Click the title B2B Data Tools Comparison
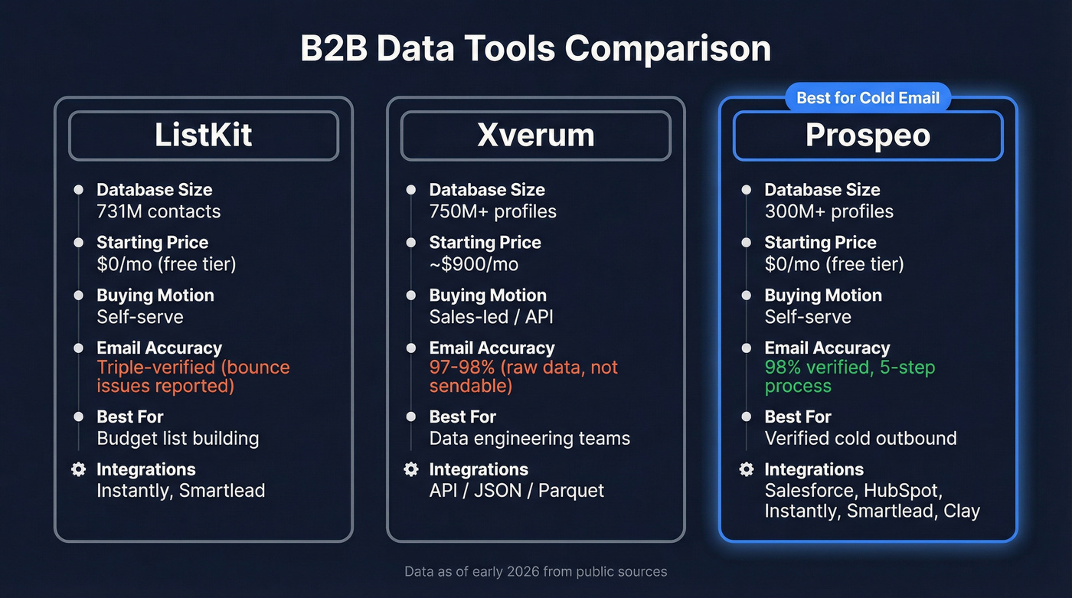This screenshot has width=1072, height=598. (535, 48)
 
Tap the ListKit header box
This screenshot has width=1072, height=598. (203, 136)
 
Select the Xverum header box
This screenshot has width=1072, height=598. (535, 136)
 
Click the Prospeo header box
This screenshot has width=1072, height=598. (868, 136)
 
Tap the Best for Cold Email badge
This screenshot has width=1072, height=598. (868, 98)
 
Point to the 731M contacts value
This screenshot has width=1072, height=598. (159, 211)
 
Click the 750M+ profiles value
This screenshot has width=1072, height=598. (492, 211)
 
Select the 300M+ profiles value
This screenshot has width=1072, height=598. (829, 211)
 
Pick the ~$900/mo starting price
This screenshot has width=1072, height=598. (473, 264)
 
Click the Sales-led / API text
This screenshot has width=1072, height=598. (491, 317)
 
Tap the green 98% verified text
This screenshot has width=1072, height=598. (849, 376)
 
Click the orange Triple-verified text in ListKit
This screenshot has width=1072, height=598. (193, 376)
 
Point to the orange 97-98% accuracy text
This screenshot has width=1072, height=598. (523, 376)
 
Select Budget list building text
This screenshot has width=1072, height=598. (178, 438)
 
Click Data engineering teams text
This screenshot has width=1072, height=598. (529, 438)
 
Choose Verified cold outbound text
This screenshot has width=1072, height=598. (861, 438)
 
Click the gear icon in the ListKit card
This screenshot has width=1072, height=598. (78, 469)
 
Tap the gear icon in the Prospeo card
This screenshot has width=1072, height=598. (747, 469)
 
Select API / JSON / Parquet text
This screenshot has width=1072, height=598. (516, 491)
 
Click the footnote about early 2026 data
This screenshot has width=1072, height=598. (535, 571)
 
